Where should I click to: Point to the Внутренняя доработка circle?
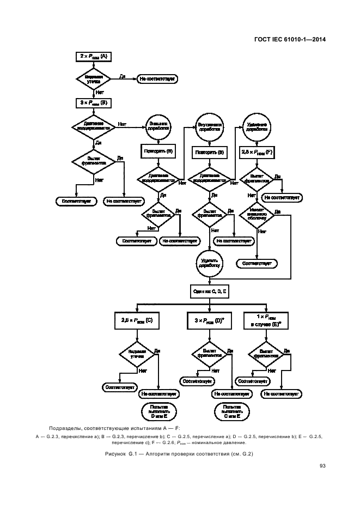(x=209, y=126)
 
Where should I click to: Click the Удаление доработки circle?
(x=256, y=126)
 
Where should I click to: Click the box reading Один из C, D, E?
(x=209, y=292)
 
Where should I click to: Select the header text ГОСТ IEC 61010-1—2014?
(x=286, y=38)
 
